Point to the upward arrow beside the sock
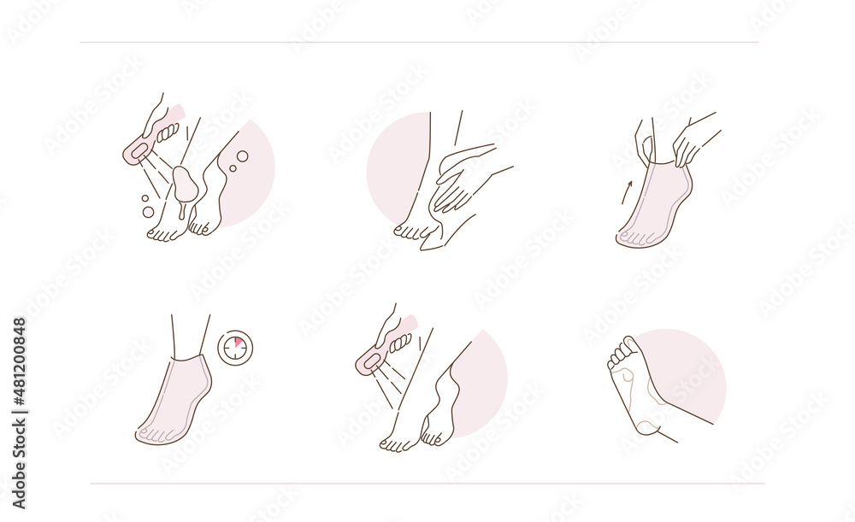[626, 191]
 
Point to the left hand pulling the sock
[644, 140]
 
